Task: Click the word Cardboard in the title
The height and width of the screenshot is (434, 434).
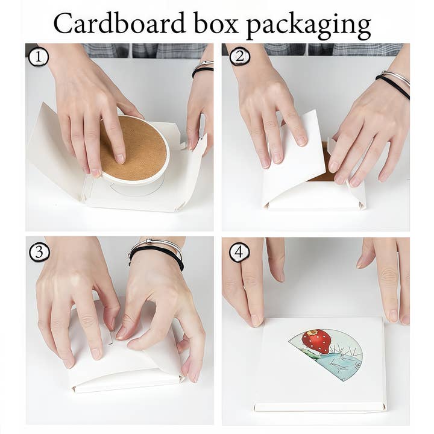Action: click(119, 23)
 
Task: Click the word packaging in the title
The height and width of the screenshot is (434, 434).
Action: click(309, 26)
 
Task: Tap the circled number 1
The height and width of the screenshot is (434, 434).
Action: click(39, 57)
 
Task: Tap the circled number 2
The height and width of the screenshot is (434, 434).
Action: click(240, 57)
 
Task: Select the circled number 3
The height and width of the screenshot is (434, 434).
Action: click(39, 253)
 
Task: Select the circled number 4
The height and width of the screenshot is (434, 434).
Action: click(239, 252)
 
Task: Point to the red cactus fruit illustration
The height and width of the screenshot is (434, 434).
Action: click(316, 341)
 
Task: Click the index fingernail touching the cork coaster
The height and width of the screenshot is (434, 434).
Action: click(120, 159)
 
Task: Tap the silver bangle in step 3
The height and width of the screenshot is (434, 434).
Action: click(155, 245)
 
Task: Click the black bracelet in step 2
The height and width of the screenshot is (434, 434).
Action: click(392, 86)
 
